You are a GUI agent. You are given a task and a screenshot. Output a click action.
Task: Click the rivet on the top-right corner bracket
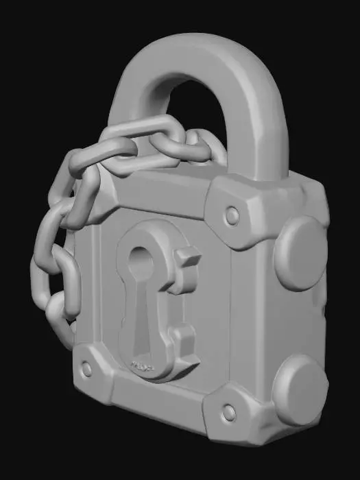point(232,217)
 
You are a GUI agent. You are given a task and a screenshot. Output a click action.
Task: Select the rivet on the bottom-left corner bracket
point(86,370)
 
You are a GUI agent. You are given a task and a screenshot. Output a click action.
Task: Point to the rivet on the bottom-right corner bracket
point(229,412)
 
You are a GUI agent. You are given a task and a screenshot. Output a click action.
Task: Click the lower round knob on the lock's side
point(300,389)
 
